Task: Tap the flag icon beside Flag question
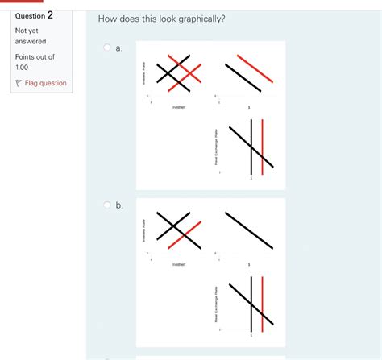tap(19, 83)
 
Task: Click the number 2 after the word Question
tap(50, 14)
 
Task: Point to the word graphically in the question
tap(192, 18)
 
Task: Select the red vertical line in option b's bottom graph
tap(262, 304)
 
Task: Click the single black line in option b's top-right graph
tap(248, 230)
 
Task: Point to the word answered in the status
tap(31, 40)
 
